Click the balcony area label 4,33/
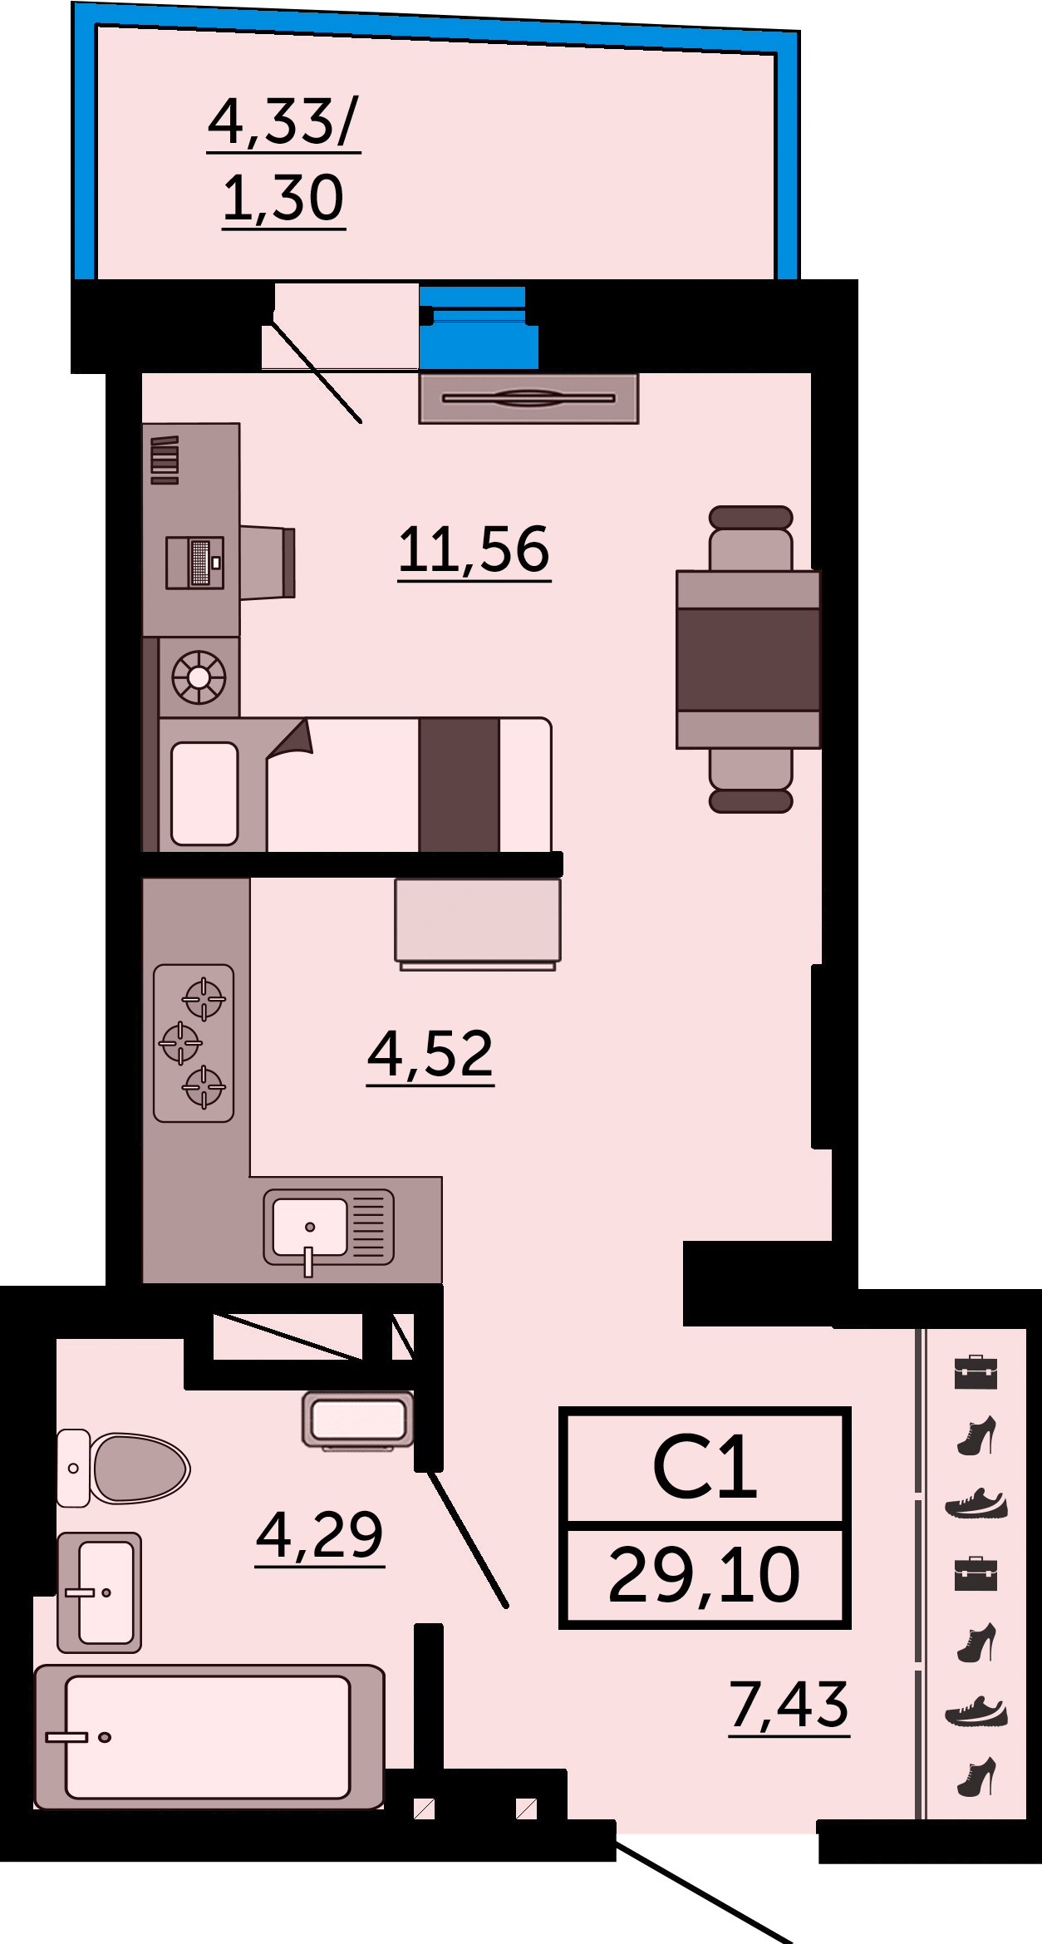pyautogui.click(x=283, y=121)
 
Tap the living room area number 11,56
pyautogui.click(x=474, y=549)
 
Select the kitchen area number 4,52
pyautogui.click(x=430, y=1054)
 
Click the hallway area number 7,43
pyautogui.click(x=789, y=1705)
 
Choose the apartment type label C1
pyautogui.click(x=705, y=1468)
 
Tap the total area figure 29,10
pyautogui.click(x=704, y=1575)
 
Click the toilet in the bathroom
pyautogui.click(x=123, y=1469)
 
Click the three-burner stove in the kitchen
pyautogui.click(x=194, y=1043)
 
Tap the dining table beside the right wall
pyautogui.click(x=748, y=659)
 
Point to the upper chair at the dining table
pyautogui.click(x=750, y=538)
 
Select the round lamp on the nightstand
pyautogui.click(x=199, y=677)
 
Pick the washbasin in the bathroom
pyautogui.click(x=99, y=1592)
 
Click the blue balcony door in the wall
pyautogui.click(x=478, y=327)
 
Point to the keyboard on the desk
pyautogui.click(x=201, y=563)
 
